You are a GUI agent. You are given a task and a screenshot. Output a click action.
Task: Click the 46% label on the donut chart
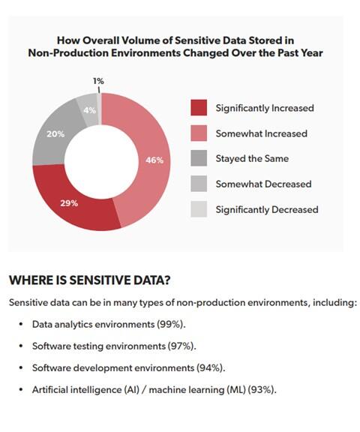[154, 160]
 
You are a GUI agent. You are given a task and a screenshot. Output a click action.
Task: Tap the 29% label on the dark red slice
[69, 203]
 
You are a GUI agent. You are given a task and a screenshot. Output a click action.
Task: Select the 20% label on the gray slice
[55, 134]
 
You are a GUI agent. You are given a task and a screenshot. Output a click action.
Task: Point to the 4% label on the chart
[90, 110]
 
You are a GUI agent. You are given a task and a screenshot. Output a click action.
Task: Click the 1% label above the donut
[98, 81]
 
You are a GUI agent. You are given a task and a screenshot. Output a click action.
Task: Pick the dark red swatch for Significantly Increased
[199, 108]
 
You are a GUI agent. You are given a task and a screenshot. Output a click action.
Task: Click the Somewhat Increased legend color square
[199, 133]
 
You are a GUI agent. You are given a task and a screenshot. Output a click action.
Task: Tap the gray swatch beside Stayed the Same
[199, 158]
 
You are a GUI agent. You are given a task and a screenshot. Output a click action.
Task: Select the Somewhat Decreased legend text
[263, 184]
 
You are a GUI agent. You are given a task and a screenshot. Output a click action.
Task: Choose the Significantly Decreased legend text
[267, 210]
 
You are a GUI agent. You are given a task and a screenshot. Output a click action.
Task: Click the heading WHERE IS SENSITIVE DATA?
[90, 280]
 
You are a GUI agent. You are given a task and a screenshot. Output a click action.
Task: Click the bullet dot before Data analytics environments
[21, 324]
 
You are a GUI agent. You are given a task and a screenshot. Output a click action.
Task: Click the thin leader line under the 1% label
[99, 90]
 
